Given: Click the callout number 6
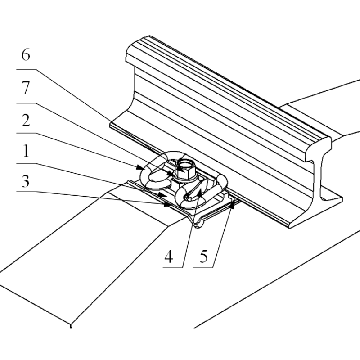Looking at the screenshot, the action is tap(26, 54).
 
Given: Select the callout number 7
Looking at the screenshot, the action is tap(26, 87).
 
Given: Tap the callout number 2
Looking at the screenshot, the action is tap(26, 121).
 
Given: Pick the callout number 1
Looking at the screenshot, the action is tap(26, 151).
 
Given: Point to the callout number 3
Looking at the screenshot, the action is tap(26, 181).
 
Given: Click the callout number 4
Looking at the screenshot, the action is tap(169, 256).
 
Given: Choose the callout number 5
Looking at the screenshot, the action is tap(204, 256).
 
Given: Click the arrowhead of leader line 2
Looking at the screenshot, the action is tap(140, 167).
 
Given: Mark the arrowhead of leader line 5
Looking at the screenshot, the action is tap(232, 204).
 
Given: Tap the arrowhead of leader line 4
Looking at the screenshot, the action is tap(199, 193).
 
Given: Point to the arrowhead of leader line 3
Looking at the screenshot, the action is tap(167, 204).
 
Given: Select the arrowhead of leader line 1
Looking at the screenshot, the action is tap(162, 195).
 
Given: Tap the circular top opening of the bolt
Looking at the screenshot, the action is tap(185, 165).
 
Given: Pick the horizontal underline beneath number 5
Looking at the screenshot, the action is tap(203, 267).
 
